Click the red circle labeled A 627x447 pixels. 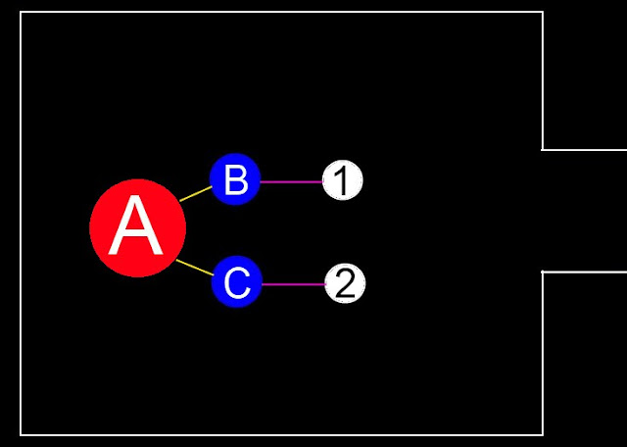[x=137, y=228]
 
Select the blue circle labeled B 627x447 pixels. [x=235, y=179]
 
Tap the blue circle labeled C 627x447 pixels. [x=236, y=282]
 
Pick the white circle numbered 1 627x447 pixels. [x=343, y=180]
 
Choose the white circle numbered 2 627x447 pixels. [x=344, y=283]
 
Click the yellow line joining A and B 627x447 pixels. [x=196, y=193]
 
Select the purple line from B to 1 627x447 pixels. [x=291, y=181]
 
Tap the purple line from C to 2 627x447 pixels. [x=292, y=284]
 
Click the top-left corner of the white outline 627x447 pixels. [x=21, y=12]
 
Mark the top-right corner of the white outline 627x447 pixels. [x=543, y=12]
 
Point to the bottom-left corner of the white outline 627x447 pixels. [x=21, y=434]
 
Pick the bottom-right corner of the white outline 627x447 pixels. [x=543, y=434]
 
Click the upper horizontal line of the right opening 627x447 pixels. [x=585, y=150]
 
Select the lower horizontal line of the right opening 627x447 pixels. [x=585, y=272]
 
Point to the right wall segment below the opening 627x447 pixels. [x=543, y=353]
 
